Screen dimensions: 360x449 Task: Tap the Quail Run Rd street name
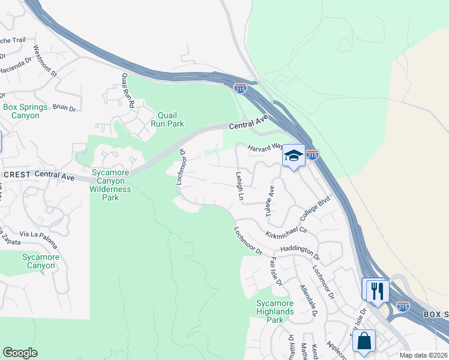127,90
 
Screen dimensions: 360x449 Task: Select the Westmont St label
44,62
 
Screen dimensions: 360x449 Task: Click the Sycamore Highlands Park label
275,311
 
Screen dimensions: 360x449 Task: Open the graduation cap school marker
294,156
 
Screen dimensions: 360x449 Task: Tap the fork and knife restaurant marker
378,291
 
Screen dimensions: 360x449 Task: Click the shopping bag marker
364,342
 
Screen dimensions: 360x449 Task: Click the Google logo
20,353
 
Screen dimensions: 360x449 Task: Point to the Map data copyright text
424,355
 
